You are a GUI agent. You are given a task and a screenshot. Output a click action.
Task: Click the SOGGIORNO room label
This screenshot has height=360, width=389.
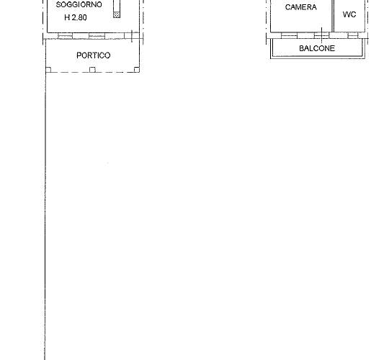pos(79,5)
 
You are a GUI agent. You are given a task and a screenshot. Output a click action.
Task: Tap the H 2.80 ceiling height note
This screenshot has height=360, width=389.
pos(76,17)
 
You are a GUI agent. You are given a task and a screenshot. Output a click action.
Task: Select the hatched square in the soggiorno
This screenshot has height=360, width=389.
pos(117,14)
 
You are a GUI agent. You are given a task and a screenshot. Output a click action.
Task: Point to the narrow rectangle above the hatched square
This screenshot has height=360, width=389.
pos(117,6)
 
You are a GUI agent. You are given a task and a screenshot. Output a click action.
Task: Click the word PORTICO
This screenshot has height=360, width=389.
pos(93,55)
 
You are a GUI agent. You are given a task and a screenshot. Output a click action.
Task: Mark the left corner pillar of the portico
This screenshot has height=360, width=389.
pos(49,70)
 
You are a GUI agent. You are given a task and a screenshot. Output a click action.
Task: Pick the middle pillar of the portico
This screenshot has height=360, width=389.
pos(92,70)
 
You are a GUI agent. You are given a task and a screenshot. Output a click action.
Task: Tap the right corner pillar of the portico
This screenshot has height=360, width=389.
pos(136,70)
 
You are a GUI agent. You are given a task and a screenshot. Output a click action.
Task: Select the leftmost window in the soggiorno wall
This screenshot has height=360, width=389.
pos(66,36)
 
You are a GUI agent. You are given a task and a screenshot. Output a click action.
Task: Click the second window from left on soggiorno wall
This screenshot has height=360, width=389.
pos(97,36)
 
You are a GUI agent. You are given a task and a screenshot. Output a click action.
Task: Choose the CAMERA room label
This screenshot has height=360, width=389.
pos(300,7)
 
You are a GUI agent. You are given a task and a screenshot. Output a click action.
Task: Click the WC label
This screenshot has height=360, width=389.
pos(349,14)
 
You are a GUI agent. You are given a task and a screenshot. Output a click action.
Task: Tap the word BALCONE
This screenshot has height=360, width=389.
pos(317,48)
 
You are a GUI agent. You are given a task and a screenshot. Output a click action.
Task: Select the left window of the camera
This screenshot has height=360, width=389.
pos(290,36)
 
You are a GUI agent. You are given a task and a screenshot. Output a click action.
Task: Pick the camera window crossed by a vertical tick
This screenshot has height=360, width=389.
pos(321,36)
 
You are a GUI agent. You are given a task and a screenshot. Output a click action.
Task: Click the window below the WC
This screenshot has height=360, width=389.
pos(353,36)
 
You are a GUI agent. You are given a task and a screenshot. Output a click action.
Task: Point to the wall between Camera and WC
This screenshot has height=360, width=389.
pos(333,16)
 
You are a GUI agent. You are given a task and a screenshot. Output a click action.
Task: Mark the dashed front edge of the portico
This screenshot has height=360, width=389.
pos(92,73)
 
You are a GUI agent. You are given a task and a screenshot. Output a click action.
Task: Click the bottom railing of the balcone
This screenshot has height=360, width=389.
pos(318,58)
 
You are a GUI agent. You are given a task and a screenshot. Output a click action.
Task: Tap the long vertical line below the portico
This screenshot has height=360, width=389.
pos(45,216)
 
